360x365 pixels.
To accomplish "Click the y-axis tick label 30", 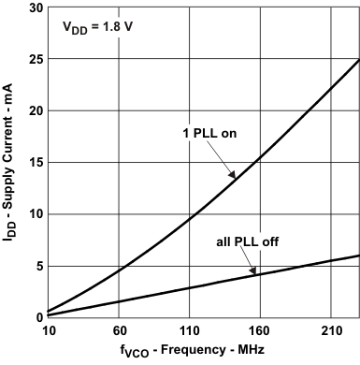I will coord(35,7).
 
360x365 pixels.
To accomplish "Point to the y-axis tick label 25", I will coord(35,60).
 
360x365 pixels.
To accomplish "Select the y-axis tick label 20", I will coord(35,111).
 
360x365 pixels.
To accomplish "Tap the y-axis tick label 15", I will coord(35,163).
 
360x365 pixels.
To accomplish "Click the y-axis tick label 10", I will coord(35,214).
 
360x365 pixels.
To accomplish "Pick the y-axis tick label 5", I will coord(37,266).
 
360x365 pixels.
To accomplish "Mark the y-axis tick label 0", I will coord(37,317).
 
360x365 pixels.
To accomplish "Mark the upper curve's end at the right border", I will coord(359,60).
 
